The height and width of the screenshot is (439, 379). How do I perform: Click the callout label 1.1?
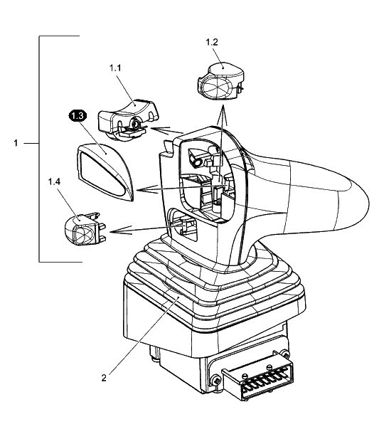pos(115,68)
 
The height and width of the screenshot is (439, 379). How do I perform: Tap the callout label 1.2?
pos(211,42)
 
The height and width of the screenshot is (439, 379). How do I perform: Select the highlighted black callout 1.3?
pos(78,116)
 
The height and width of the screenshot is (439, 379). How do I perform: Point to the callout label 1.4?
pos(54,182)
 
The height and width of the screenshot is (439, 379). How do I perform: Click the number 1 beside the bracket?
pos(16,143)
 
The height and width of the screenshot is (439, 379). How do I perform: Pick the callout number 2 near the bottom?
pos(104,378)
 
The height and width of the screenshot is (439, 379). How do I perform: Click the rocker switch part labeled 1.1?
pos(128,120)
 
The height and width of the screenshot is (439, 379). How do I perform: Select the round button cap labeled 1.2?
pos(220,80)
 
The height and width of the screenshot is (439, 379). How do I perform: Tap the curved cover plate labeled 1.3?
pos(105,171)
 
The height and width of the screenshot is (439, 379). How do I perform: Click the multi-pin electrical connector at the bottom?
pos(257,376)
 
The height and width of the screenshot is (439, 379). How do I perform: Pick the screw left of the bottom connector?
pos(216,381)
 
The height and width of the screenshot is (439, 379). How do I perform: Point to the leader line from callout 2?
pos(144,336)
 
